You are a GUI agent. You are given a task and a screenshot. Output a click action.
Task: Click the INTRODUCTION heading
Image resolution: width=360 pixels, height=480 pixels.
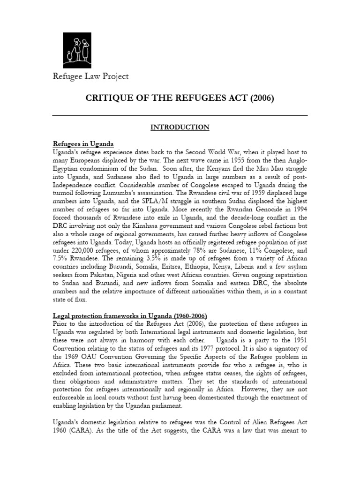pos(180,127)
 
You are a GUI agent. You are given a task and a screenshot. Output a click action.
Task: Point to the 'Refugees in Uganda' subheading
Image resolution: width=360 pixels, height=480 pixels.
pos(83,143)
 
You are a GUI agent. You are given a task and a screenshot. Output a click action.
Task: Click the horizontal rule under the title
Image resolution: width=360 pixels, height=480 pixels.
pos(180,115)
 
